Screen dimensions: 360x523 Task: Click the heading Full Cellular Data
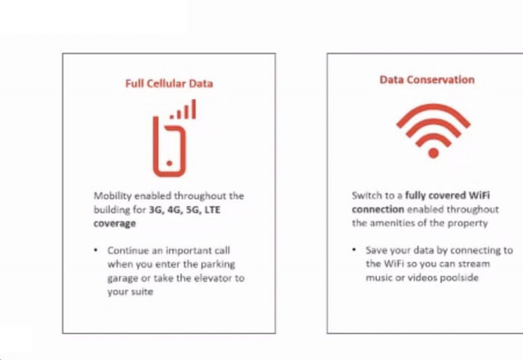(169, 83)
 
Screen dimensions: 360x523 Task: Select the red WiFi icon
(433, 131)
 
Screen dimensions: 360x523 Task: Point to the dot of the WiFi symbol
(433, 152)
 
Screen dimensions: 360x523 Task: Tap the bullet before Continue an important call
(96, 250)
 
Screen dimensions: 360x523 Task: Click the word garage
(123, 278)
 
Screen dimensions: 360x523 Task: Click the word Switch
(366, 196)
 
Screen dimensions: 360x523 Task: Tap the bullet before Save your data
(354, 250)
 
